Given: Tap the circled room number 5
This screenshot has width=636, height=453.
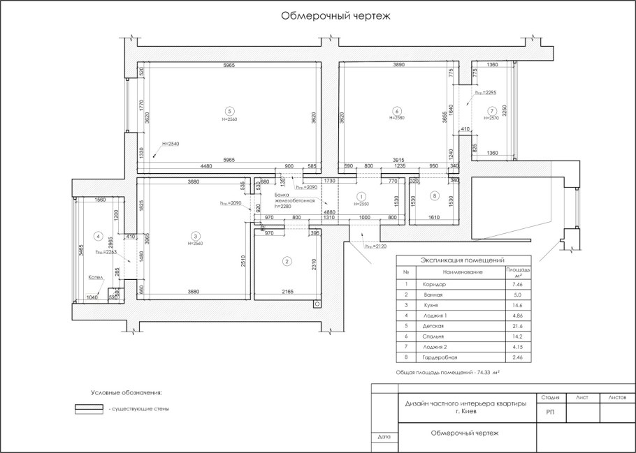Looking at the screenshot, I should (x=228, y=111).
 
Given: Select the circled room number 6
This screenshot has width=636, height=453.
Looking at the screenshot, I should (x=396, y=111).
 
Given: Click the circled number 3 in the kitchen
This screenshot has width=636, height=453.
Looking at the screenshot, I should (x=195, y=236).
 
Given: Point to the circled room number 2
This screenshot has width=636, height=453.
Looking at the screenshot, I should (x=287, y=261).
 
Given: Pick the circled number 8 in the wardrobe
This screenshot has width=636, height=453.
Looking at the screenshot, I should (x=434, y=196).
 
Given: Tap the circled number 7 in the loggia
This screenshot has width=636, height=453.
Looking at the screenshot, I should (x=492, y=111).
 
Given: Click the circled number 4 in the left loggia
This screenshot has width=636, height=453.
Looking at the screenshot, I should (x=99, y=236).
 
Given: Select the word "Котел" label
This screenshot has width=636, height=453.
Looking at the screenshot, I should (x=96, y=277).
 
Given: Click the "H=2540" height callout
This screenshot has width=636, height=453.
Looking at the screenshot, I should (x=171, y=144).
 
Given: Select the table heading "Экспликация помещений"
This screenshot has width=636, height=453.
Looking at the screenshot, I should (x=462, y=260).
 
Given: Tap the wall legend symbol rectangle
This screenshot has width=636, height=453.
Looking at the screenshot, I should (x=89, y=408).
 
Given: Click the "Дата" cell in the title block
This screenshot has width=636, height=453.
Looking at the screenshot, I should (x=383, y=436).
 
